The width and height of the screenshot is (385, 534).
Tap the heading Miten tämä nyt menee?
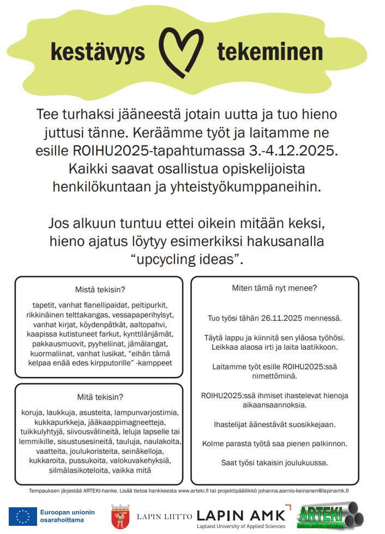(x=274, y=288)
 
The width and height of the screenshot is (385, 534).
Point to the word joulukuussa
(x=305, y=463)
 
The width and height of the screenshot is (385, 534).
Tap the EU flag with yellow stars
(x=22, y=517)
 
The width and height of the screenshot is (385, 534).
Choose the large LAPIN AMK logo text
(x=240, y=514)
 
